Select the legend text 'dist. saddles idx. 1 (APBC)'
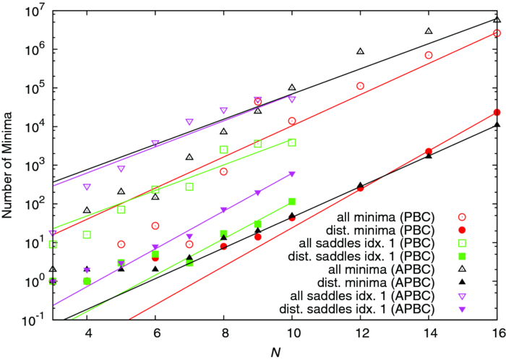[372, 308]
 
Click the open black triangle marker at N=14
[429, 31]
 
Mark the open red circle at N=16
[497, 33]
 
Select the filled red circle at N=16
[497, 112]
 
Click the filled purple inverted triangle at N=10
[292, 173]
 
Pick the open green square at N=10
[292, 142]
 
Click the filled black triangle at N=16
[497, 124]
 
